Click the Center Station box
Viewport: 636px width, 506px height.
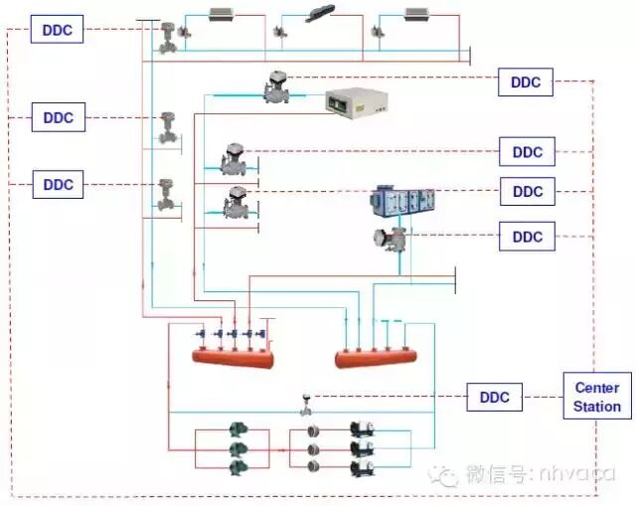[596, 397]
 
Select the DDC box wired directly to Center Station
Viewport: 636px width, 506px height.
[494, 398]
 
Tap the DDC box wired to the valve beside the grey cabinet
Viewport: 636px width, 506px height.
[526, 83]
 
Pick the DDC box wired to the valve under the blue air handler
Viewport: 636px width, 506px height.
[528, 237]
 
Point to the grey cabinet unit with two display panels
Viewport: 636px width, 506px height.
[355, 103]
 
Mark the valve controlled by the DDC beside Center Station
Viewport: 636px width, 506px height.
[306, 405]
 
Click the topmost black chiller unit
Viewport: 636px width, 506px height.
[360, 431]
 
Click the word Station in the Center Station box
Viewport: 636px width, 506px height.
[596, 407]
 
